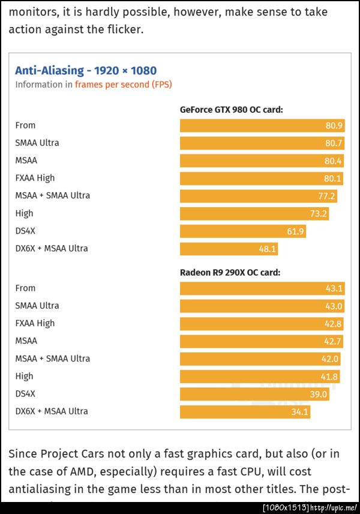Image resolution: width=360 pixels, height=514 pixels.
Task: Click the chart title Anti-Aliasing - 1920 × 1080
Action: click(x=86, y=70)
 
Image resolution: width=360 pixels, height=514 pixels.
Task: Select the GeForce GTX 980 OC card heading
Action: click(x=231, y=109)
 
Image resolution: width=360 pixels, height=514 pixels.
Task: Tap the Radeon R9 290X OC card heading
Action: click(x=230, y=272)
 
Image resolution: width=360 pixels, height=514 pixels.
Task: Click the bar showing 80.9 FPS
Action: click(x=262, y=125)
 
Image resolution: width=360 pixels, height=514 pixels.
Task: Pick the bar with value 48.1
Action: click(x=229, y=249)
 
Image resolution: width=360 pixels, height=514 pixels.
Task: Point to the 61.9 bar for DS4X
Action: click(x=242, y=231)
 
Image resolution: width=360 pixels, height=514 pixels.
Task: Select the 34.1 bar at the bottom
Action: click(x=245, y=412)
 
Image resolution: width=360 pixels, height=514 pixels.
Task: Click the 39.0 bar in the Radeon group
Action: click(x=254, y=394)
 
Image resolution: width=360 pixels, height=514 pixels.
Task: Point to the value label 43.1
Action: click(x=334, y=288)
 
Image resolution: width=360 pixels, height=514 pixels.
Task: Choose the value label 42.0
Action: click(x=330, y=359)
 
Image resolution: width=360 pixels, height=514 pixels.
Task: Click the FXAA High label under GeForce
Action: click(x=35, y=178)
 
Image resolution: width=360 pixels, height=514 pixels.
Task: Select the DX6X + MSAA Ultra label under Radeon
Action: click(x=52, y=411)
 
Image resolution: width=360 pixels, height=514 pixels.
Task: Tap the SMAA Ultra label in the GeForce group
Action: click(x=37, y=143)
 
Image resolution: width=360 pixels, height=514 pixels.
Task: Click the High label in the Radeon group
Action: click(x=25, y=376)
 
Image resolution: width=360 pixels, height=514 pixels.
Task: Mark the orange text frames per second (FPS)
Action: click(x=123, y=85)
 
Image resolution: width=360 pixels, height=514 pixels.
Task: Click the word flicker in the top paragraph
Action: click(x=123, y=29)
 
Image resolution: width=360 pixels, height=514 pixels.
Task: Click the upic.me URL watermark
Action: click(x=334, y=508)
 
